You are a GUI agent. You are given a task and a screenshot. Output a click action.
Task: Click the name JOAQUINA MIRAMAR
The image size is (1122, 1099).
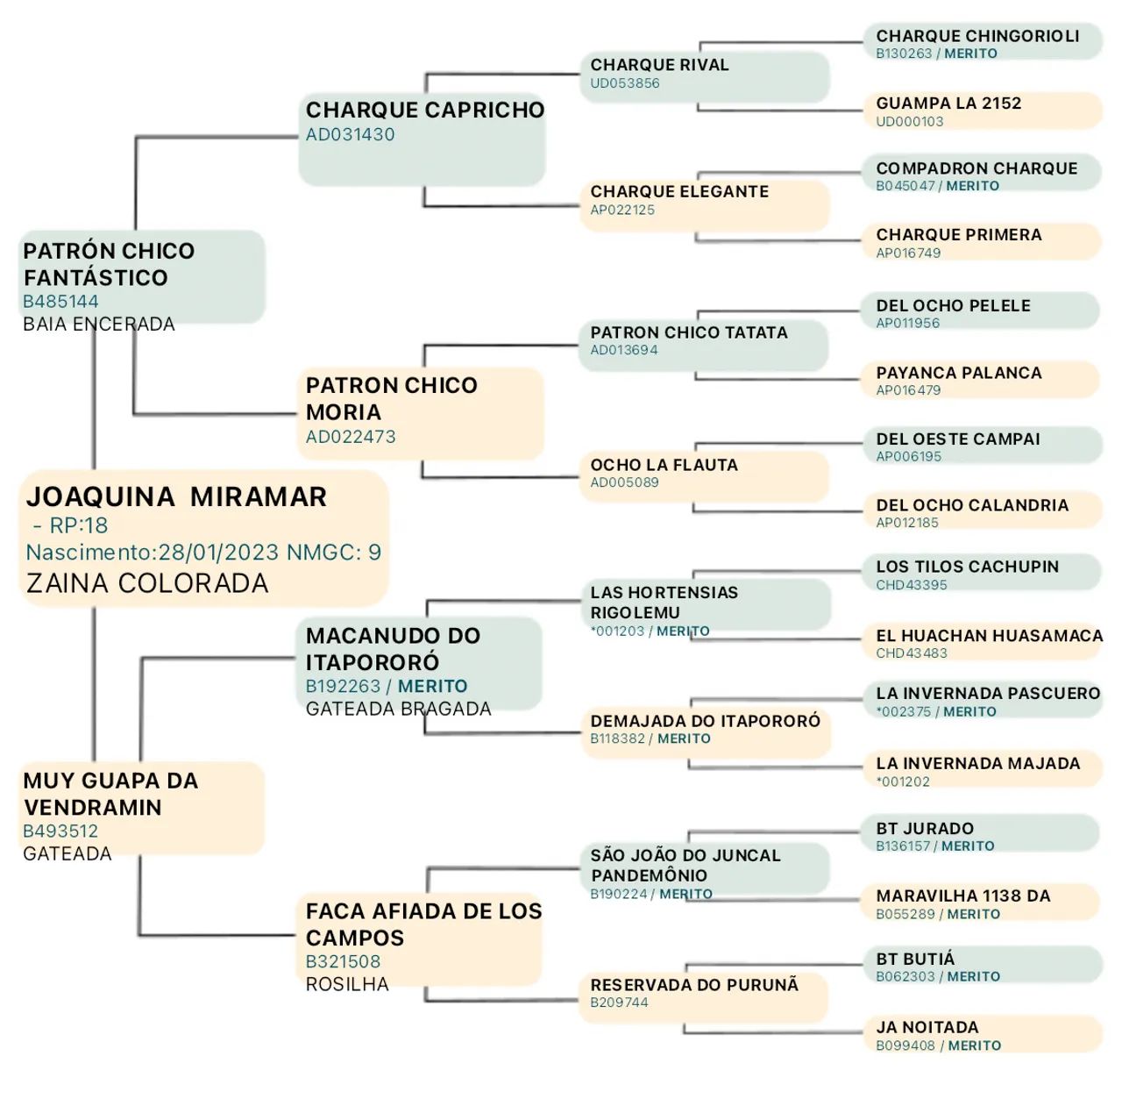tap(176, 496)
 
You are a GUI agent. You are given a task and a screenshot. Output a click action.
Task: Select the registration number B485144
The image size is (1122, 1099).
tap(60, 302)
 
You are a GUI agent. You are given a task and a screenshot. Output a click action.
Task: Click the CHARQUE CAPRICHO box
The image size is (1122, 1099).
tap(422, 140)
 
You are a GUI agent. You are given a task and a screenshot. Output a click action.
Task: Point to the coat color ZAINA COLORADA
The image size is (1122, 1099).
tap(147, 583)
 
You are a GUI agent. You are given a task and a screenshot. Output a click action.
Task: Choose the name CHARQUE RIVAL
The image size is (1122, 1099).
tap(659, 65)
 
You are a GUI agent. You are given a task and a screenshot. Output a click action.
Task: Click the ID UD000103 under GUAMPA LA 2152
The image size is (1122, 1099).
tap(909, 122)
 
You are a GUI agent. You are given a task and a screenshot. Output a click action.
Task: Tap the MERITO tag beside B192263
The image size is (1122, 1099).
tap(432, 686)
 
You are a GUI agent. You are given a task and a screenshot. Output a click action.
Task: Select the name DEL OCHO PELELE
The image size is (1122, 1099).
tap(953, 306)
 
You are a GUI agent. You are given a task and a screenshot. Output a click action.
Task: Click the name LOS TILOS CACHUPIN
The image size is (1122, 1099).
tap(967, 567)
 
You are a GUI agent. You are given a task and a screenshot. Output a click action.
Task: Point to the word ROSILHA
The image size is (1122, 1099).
tap(347, 984)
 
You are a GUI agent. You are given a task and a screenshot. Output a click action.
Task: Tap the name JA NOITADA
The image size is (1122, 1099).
tap(927, 1027)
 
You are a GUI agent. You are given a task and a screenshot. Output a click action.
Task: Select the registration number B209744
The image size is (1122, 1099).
tap(619, 1003)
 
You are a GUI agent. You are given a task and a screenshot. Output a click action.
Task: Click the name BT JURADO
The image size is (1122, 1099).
tap(925, 829)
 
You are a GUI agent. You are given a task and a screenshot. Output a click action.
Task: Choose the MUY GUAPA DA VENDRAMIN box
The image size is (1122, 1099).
tap(141, 807)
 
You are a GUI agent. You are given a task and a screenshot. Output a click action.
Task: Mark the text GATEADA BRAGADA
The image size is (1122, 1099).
tap(398, 709)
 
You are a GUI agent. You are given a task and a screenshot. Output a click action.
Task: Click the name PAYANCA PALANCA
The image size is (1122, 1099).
tap(958, 373)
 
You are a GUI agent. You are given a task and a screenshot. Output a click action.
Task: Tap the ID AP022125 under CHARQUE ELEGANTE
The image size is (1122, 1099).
tap(622, 210)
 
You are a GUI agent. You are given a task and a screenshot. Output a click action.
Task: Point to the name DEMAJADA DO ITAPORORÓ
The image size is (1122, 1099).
tap(705, 721)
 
